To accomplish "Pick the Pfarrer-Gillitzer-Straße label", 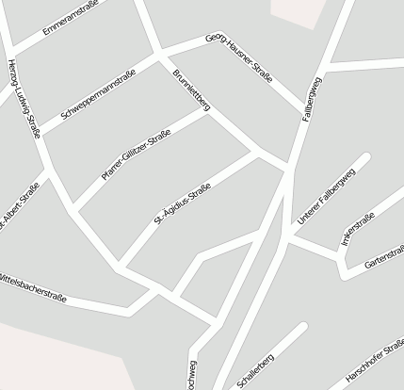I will [x=136, y=156].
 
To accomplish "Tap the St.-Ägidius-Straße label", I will [x=182, y=206].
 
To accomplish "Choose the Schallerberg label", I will [x=256, y=369].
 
